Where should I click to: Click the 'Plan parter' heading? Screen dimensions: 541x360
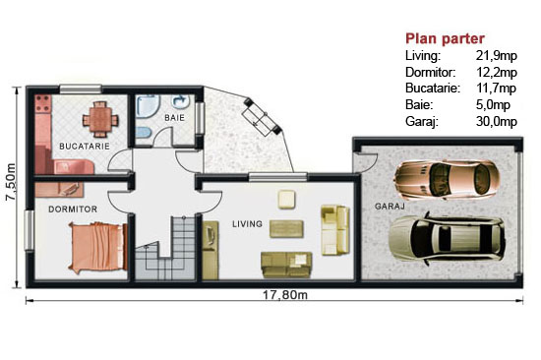coord(445,38)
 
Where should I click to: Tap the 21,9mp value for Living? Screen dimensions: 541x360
coord(497,55)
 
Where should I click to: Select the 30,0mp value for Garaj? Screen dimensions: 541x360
coord(497,122)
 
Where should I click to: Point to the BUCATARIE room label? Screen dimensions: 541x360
coord(85,147)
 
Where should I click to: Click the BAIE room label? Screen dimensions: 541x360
coord(174,118)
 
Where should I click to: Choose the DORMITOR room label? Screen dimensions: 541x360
coord(73,210)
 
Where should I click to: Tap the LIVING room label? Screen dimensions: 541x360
coord(247,224)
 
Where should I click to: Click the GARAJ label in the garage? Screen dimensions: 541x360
coord(390,207)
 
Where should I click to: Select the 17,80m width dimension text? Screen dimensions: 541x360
coord(285,295)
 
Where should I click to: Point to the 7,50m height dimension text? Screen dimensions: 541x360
coord(11,182)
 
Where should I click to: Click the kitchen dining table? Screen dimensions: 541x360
coord(100,119)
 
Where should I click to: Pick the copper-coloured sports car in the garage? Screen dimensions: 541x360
coord(448,179)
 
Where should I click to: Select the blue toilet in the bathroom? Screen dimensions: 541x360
coord(144,132)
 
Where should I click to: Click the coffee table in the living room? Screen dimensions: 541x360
coord(286,229)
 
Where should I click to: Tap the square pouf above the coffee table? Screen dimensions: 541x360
coord(286,199)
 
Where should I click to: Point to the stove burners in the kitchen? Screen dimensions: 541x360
coord(43,103)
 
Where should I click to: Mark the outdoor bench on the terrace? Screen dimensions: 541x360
coord(263,116)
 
